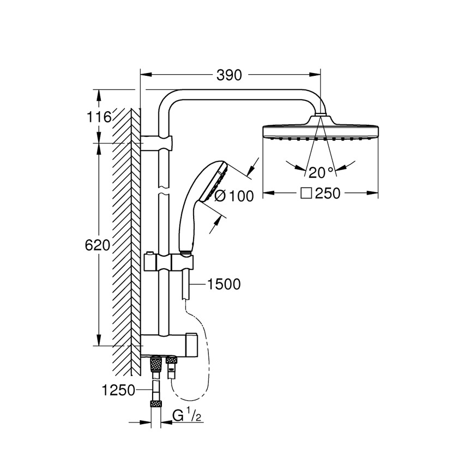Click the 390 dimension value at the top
point(229,76)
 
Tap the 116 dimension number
point(98,117)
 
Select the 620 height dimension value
point(98,245)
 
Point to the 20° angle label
point(321,173)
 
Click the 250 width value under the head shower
point(327,194)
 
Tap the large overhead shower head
point(321,131)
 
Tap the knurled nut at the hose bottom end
point(156,404)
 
